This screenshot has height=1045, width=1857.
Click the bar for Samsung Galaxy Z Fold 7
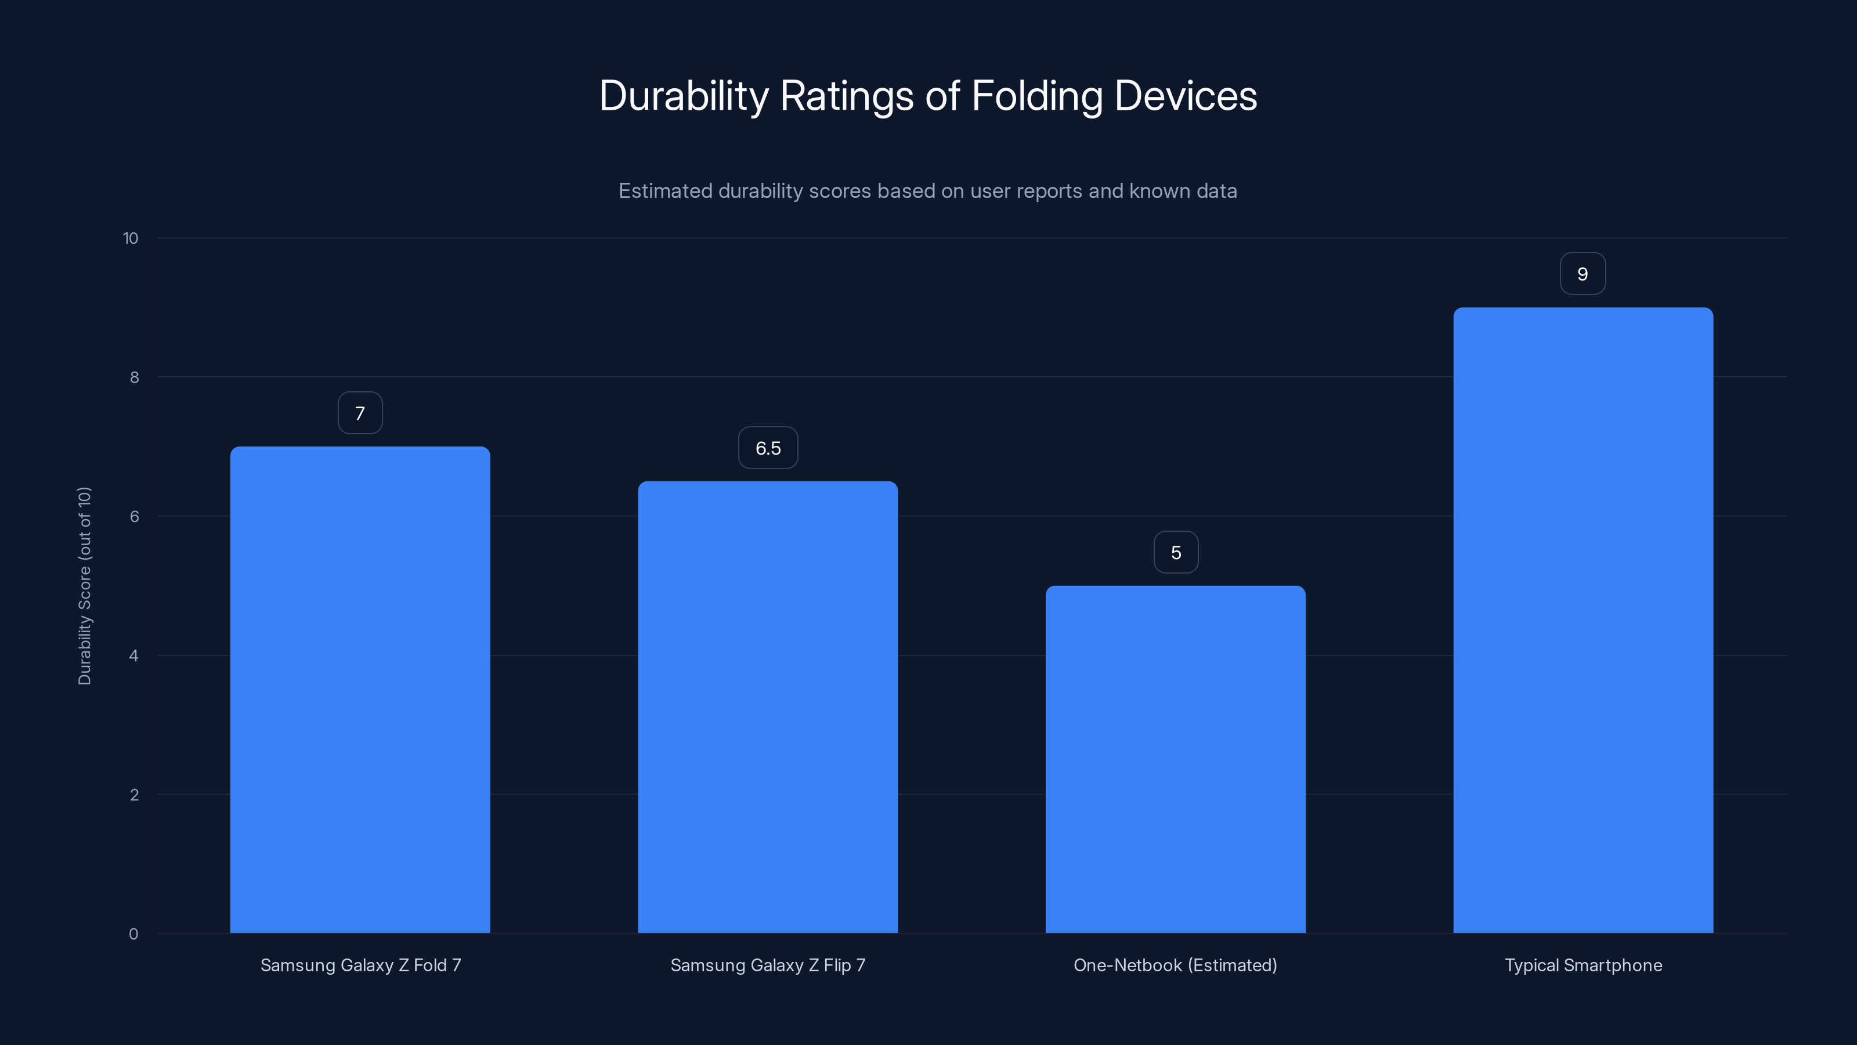[x=360, y=690]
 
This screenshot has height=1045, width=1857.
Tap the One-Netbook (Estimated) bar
[x=1175, y=759]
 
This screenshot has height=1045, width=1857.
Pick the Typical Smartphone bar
[x=1583, y=620]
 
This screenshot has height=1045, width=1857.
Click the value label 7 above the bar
[x=360, y=413]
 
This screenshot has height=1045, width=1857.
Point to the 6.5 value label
[x=768, y=448]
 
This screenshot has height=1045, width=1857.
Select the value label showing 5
[x=1176, y=553]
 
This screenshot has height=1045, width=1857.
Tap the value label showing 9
[x=1583, y=274]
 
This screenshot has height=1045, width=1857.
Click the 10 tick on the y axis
[x=131, y=238]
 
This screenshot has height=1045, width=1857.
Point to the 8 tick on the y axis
[x=134, y=377]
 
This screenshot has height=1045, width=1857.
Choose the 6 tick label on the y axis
[x=134, y=516]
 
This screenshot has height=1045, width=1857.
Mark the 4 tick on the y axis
[x=133, y=655]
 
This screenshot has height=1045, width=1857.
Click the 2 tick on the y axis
[x=134, y=795]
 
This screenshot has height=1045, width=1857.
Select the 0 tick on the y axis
[x=133, y=934]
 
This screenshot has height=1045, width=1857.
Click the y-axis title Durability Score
[x=84, y=586]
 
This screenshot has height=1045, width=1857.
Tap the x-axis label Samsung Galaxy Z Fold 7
[x=360, y=965]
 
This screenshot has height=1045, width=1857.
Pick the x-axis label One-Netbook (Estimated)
[x=1175, y=965]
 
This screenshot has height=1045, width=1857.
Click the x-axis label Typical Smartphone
[x=1583, y=965]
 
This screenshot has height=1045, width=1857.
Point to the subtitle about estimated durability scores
[x=928, y=191]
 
